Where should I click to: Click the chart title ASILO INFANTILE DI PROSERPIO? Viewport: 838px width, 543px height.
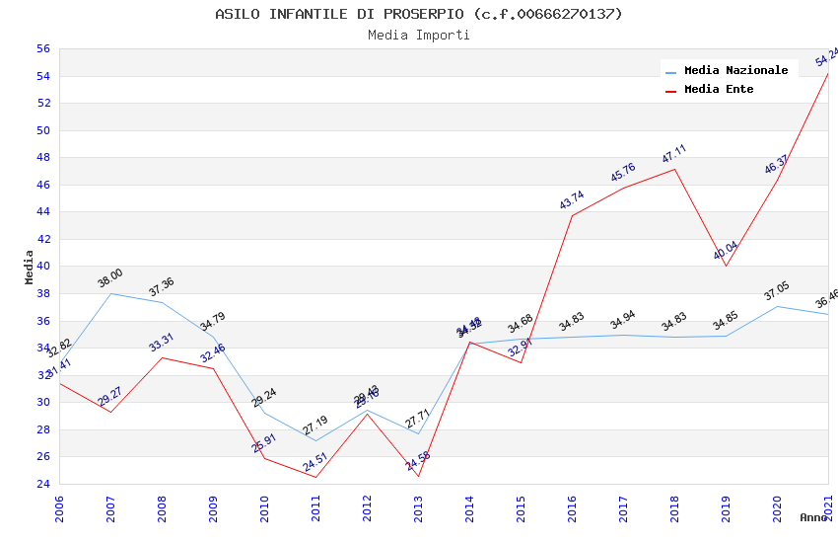click(419, 14)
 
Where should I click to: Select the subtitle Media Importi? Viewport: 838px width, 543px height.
click(419, 35)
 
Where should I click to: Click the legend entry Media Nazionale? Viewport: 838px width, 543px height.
click(735, 70)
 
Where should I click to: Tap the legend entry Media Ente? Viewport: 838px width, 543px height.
click(719, 89)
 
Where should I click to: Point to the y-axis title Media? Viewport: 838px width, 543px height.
click(30, 267)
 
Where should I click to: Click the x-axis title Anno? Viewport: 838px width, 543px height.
click(813, 517)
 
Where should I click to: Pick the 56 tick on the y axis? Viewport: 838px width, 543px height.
click(42, 48)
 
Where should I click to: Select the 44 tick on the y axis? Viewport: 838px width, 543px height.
click(42, 211)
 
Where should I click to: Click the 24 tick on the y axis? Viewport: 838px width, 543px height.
click(42, 484)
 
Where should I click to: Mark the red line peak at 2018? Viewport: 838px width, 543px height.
click(674, 169)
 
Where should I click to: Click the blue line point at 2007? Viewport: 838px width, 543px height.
click(110, 293)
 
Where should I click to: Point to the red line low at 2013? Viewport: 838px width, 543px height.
click(418, 477)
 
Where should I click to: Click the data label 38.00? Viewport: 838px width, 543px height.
click(110, 277)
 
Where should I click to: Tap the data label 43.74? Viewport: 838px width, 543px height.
click(572, 199)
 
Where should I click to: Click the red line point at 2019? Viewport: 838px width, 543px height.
click(726, 266)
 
